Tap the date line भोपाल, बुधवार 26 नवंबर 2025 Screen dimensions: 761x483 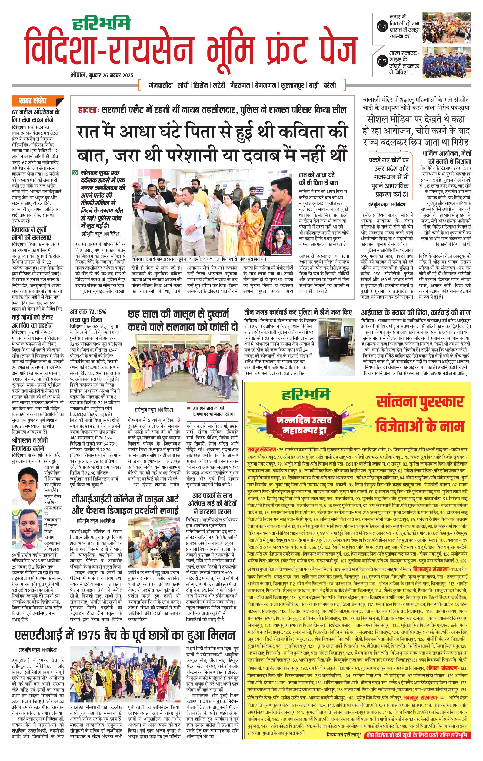tap(102, 75)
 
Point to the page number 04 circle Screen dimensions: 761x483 tap(382, 27)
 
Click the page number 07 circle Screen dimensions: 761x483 tap(382, 62)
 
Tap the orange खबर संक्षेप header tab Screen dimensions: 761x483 tap(38, 101)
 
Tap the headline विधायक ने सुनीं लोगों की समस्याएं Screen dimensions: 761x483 tap(31, 233)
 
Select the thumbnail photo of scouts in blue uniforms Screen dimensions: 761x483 tap(447, 62)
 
